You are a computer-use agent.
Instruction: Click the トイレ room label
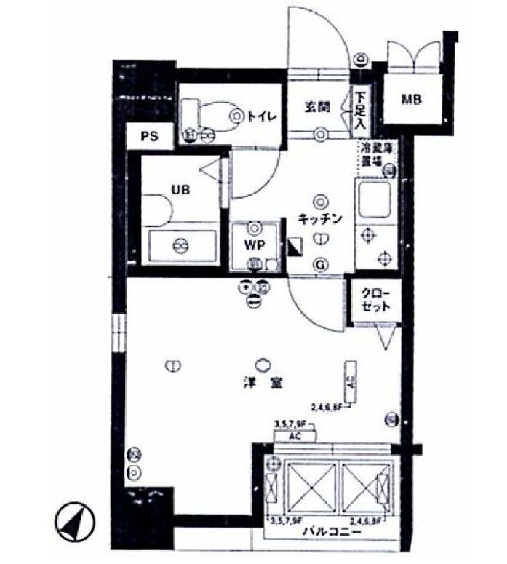260,115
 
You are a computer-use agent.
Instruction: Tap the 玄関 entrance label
318,106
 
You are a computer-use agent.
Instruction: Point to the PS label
149,137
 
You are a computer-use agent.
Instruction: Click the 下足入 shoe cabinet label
361,111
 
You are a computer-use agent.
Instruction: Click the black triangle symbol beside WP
294,247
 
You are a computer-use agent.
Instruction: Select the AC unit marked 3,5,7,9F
295,436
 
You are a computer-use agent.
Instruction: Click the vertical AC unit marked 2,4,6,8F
351,380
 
